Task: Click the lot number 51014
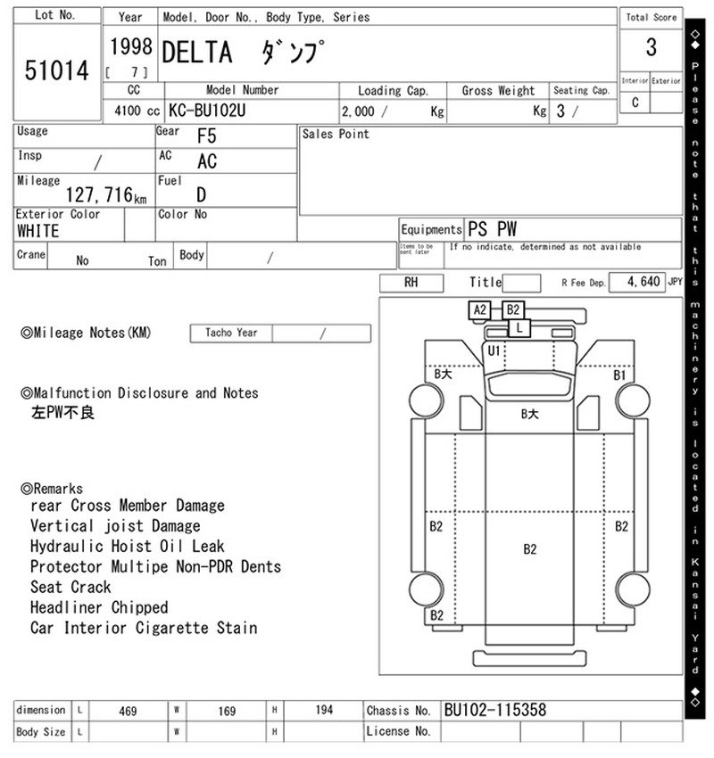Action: coord(57,70)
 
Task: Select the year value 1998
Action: coord(131,46)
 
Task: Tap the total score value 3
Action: coord(652,47)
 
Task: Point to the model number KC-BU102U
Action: coord(207,111)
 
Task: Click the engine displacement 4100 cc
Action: coord(137,111)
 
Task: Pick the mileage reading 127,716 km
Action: coord(106,194)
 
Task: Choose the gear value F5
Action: coord(206,136)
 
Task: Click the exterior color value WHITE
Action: coord(38,231)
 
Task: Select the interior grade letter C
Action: coord(635,103)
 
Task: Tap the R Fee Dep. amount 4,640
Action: coord(643,281)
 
